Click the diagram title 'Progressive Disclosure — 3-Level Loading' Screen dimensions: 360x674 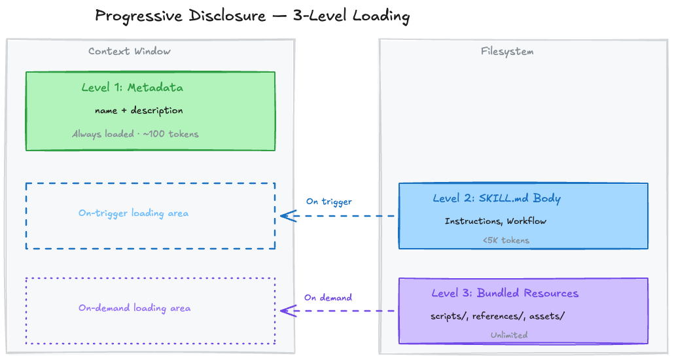(252, 16)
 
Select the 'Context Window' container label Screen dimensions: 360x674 (130, 51)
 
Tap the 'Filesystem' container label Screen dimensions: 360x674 (507, 51)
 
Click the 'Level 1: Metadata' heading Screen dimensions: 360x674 (132, 88)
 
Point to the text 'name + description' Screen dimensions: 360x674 (139, 111)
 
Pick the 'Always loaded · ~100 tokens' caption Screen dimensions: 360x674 (135, 134)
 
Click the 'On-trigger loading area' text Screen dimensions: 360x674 (133, 213)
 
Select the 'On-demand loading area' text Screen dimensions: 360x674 (134, 308)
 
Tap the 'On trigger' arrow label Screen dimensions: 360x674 (328, 202)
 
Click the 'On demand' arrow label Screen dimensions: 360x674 (328, 297)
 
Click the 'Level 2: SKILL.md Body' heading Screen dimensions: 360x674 (497, 198)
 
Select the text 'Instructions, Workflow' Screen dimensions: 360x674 (495, 221)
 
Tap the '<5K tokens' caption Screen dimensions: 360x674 (506, 240)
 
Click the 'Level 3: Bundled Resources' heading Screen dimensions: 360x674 (505, 293)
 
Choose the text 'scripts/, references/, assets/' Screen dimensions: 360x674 (497, 316)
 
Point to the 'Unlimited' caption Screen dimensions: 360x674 (509, 334)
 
